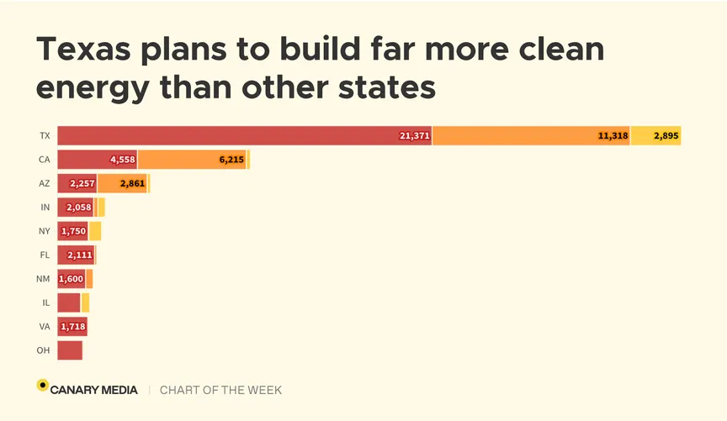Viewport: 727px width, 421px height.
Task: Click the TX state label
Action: [45, 135]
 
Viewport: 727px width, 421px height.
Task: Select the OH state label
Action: [43, 350]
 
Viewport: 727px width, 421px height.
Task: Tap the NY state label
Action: [45, 231]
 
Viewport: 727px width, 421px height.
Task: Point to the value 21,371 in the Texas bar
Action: [415, 135]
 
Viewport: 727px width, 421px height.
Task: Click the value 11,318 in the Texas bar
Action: [613, 135]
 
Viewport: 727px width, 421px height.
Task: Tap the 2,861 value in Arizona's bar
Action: [133, 183]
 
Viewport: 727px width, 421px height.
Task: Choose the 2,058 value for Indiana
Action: [77, 208]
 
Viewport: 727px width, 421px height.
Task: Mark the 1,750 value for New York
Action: [73, 231]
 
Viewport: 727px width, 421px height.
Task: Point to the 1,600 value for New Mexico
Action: [71, 279]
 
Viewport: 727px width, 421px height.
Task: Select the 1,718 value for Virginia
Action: [73, 327]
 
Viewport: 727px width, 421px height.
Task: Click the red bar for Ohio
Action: [69, 350]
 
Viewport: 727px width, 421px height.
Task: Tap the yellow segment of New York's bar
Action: [95, 231]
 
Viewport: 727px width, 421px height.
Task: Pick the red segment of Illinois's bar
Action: [68, 303]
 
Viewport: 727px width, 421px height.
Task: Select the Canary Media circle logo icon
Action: [42, 386]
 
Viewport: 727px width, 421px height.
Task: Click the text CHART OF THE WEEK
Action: [220, 390]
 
